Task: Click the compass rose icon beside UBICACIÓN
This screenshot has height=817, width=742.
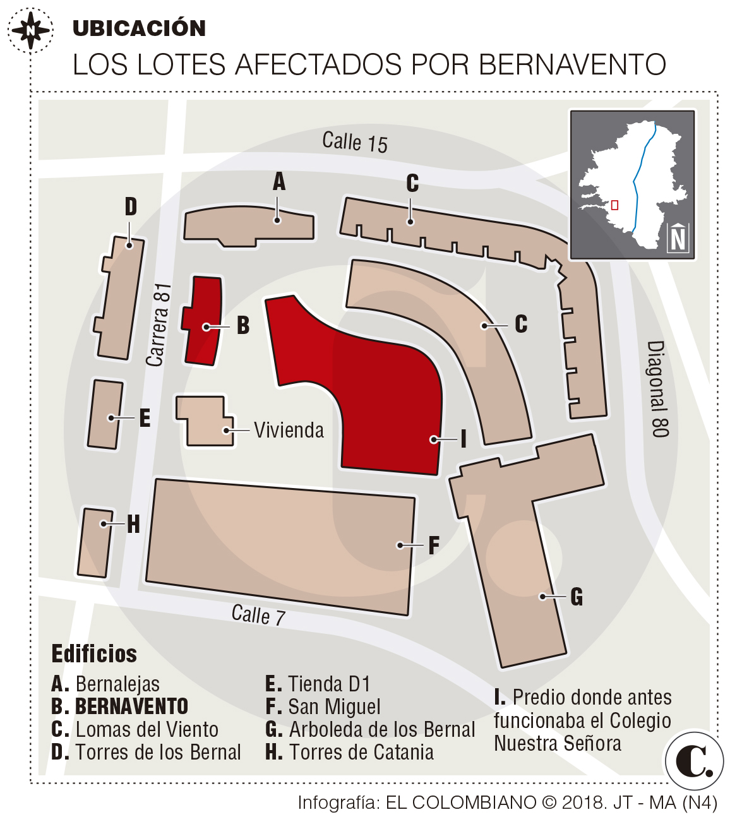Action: [30, 29]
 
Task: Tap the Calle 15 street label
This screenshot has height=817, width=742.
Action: [354, 142]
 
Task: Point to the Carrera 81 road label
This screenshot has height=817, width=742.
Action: [159, 325]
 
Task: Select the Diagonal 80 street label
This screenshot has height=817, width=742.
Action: [657, 389]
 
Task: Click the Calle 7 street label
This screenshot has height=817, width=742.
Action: [258, 614]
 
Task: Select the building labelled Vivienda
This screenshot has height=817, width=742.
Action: [203, 420]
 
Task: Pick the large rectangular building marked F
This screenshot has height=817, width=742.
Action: [281, 546]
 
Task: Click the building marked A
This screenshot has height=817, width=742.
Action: [249, 225]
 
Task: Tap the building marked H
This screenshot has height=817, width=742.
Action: [95, 543]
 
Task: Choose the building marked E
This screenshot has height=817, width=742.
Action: [105, 414]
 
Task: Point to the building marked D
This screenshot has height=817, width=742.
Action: [120, 297]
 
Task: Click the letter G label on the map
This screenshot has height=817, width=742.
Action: [577, 597]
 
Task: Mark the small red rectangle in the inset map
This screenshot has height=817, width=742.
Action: [614, 205]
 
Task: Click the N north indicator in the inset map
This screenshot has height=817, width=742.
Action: [678, 238]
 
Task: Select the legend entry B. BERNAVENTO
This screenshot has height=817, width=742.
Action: [120, 707]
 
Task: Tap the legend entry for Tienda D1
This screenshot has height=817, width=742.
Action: [318, 684]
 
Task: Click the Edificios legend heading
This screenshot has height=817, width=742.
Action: [94, 654]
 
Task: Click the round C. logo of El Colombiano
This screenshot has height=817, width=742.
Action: [694, 761]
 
